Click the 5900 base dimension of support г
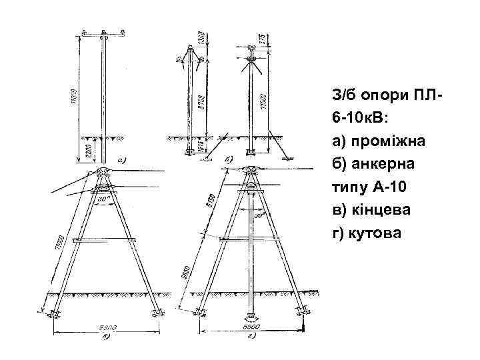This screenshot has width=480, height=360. click(x=251, y=328)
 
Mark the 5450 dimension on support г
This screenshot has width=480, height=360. click(x=189, y=273)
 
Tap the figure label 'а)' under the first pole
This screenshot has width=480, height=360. click(x=121, y=160)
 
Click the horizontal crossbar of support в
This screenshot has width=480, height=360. click(x=106, y=238)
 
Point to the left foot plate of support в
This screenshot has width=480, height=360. click(x=54, y=314)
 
